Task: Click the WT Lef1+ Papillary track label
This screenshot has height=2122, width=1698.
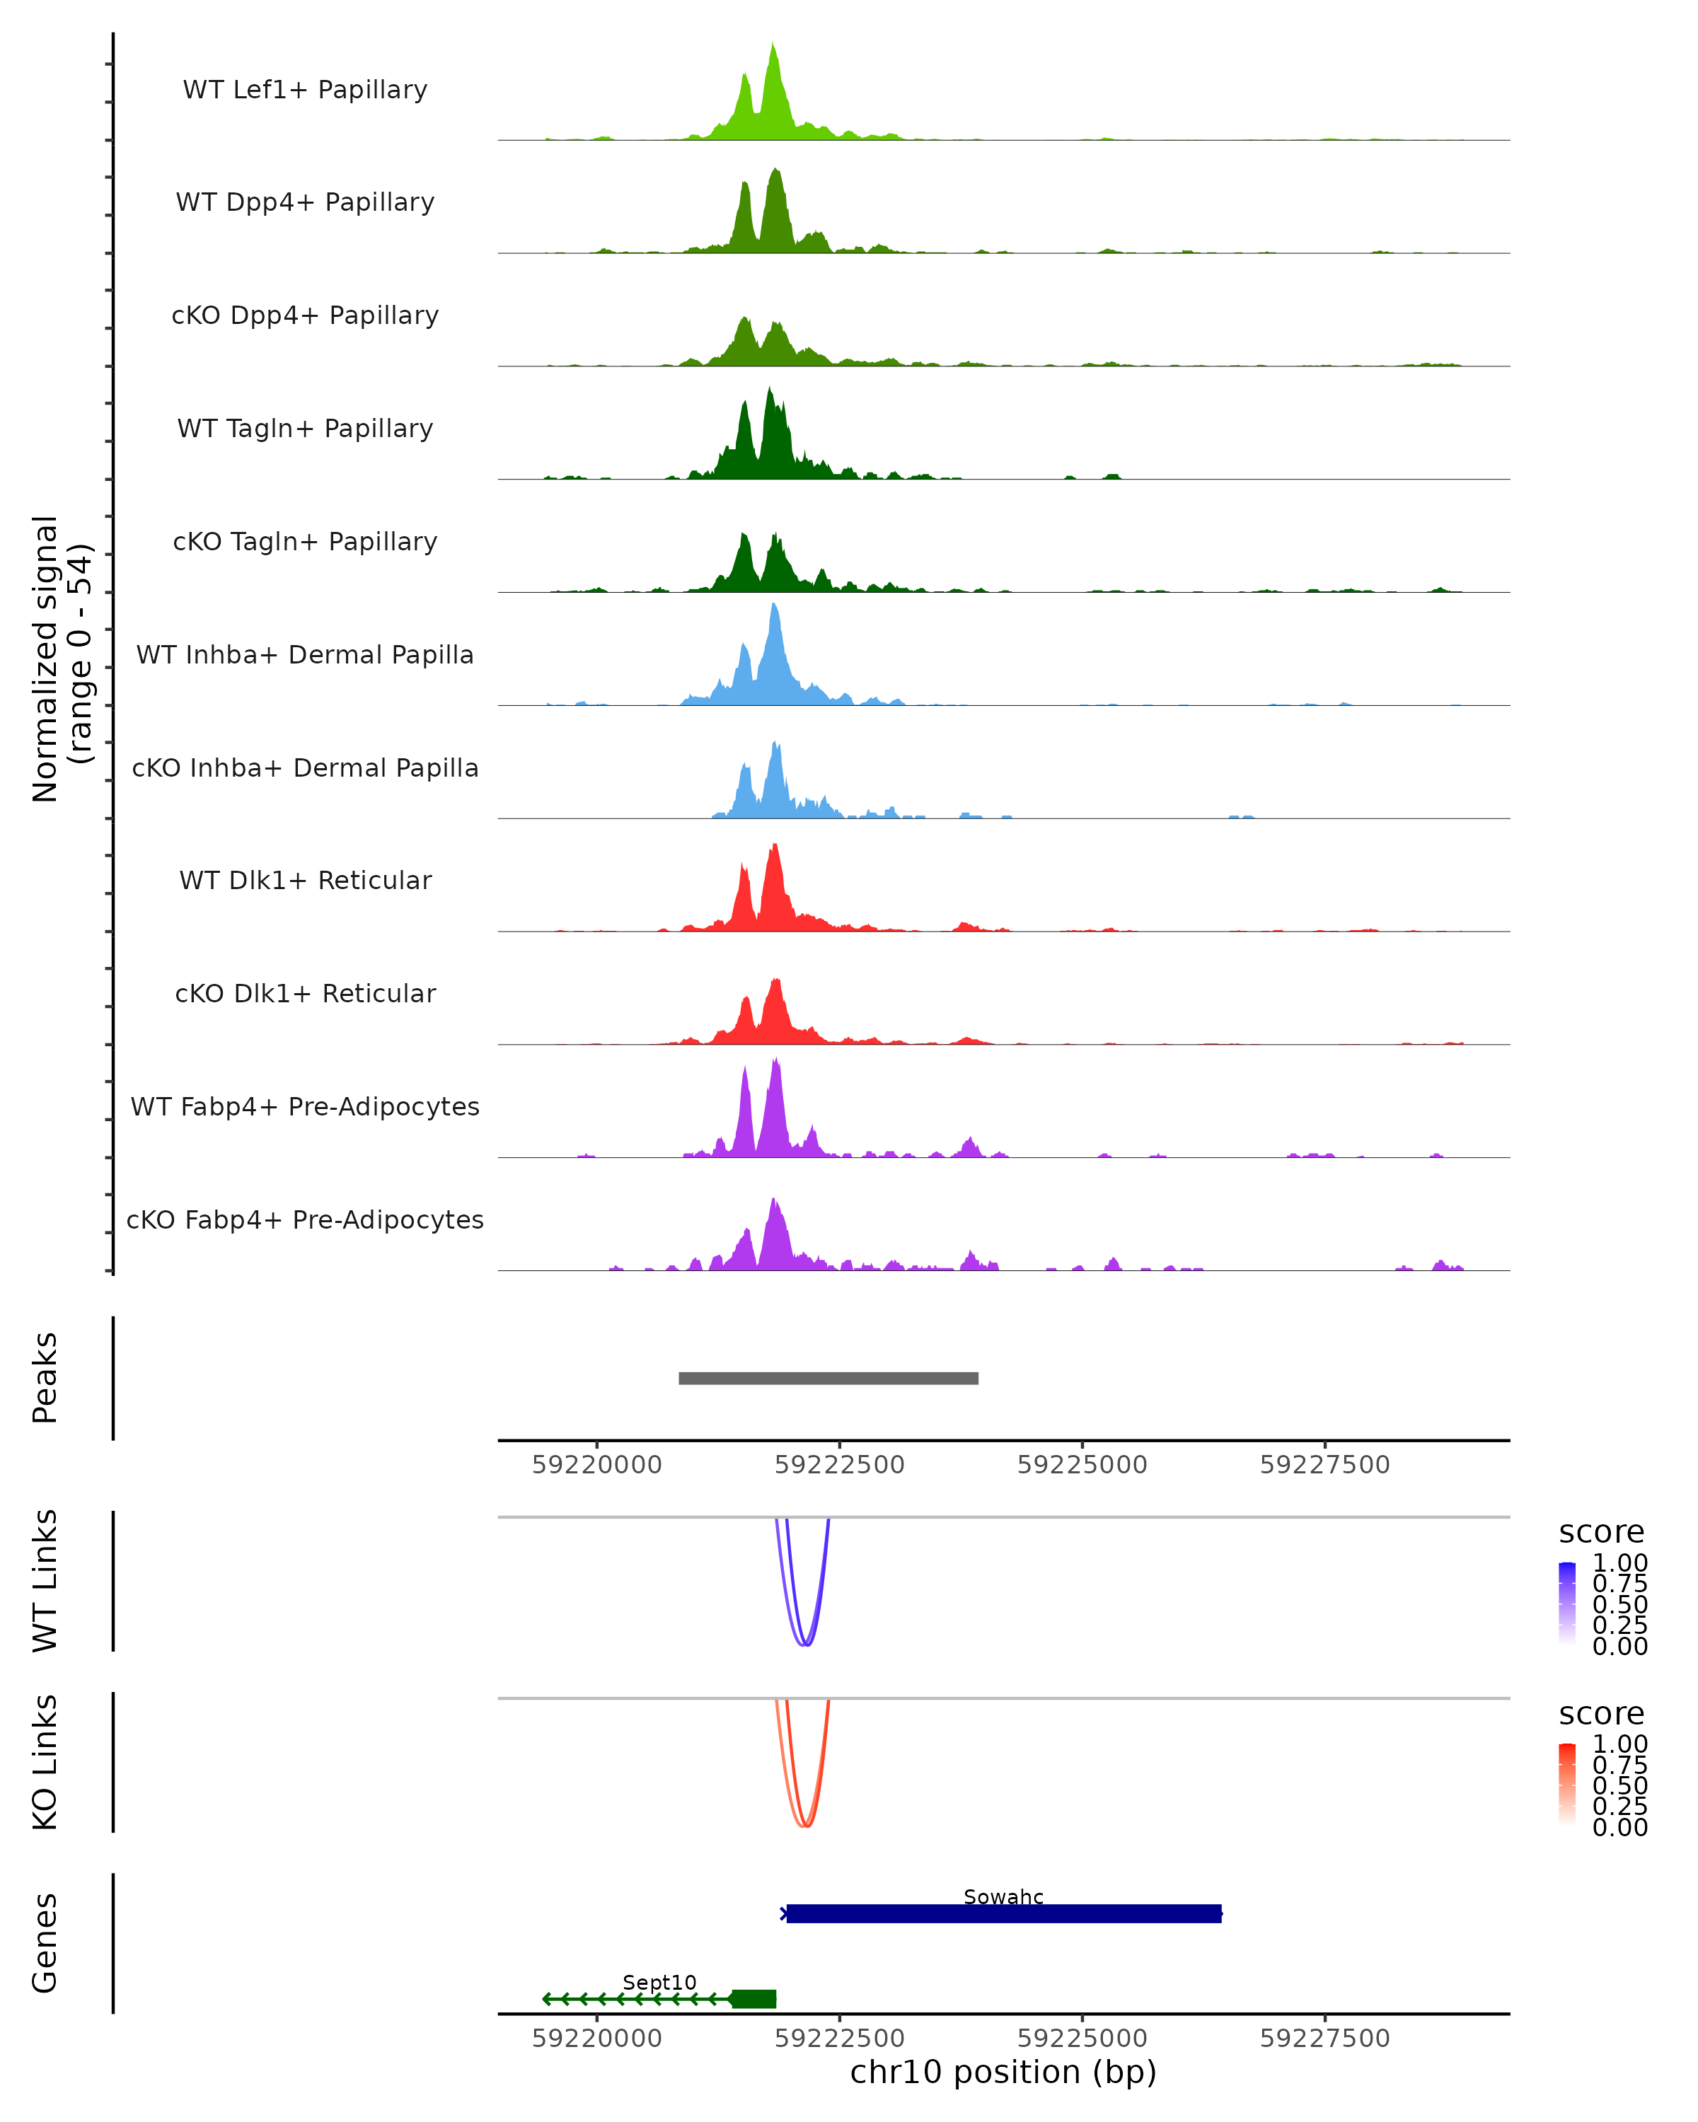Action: (x=305, y=90)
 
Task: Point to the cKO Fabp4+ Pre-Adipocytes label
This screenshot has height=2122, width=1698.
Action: (x=305, y=1219)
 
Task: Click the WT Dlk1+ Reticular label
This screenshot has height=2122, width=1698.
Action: (x=305, y=881)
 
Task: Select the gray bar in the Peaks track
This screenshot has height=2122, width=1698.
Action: (x=828, y=1378)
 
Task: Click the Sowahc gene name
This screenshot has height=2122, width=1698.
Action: (x=1003, y=1896)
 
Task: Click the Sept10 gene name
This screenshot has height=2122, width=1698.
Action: (x=659, y=1982)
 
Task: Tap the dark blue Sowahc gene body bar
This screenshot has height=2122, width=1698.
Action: (x=1003, y=1913)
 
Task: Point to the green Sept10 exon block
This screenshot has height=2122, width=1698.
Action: (x=754, y=1999)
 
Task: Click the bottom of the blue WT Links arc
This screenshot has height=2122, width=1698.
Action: (x=805, y=1644)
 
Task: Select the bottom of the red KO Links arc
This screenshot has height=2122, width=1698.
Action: (x=805, y=1826)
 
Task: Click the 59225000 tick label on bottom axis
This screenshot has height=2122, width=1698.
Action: (x=1082, y=2039)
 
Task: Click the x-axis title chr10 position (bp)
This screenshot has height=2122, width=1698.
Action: (x=1003, y=2072)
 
